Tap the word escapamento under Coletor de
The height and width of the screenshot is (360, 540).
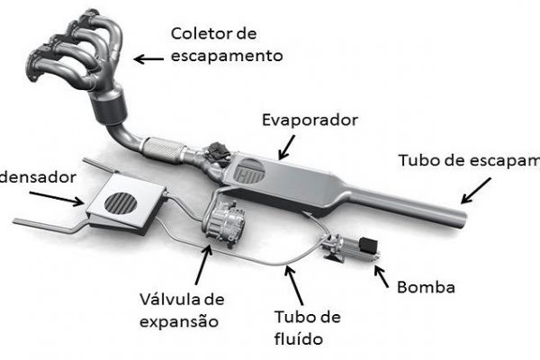227,56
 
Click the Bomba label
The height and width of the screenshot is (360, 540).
426,288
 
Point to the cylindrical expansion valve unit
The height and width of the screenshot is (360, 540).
220,221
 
